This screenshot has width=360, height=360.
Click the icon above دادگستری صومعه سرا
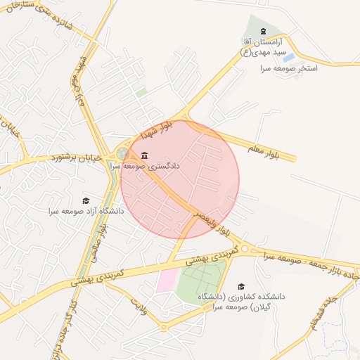(x=144, y=155)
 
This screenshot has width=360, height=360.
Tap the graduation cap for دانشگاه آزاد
(x=86, y=200)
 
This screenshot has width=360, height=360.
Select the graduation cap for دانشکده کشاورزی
(x=241, y=286)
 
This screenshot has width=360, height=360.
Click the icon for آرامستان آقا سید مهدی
(x=263, y=32)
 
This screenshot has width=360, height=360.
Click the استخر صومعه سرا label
(x=289, y=68)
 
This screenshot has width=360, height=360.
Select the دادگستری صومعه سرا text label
(x=146, y=167)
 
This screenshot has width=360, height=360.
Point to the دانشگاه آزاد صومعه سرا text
(x=86, y=211)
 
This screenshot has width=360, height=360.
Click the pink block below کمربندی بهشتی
(x=167, y=280)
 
